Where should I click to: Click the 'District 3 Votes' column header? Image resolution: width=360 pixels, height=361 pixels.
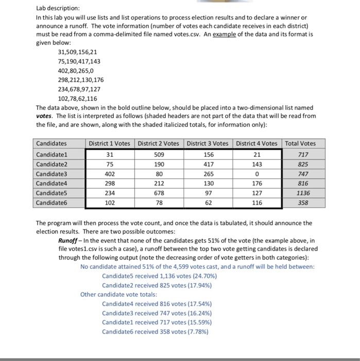click(x=208, y=143)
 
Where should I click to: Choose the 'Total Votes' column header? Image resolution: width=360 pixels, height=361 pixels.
click(x=301, y=143)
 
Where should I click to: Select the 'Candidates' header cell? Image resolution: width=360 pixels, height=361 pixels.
click(x=52, y=143)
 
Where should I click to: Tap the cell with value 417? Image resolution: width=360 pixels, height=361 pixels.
click(x=208, y=164)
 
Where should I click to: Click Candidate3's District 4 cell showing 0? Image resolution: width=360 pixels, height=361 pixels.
click(x=256, y=173)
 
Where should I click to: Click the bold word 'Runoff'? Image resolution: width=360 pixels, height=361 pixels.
click(x=69, y=241)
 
